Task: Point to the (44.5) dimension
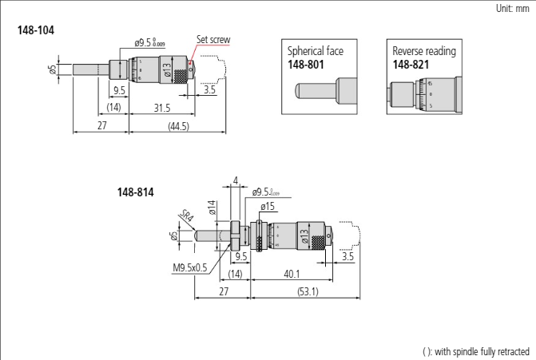167,127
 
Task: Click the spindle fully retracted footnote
475,351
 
